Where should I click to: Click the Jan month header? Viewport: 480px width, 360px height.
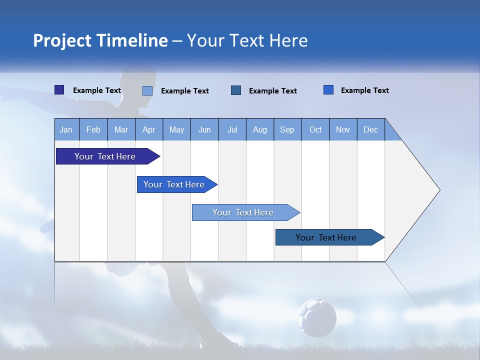66,129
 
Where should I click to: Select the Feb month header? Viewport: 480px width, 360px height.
93,129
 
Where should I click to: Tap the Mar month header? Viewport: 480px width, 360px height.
121,129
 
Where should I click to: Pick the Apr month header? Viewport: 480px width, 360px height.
148,129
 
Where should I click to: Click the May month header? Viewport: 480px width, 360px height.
176,129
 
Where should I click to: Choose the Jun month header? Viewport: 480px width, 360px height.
204,129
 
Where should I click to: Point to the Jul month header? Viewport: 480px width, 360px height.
232,129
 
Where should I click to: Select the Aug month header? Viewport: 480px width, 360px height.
260,129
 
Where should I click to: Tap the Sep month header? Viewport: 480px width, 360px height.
287,129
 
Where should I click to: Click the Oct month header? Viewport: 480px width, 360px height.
315,129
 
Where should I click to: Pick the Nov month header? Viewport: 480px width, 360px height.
343,129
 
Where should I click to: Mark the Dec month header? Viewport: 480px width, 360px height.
371,129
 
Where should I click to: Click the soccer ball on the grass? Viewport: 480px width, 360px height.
317,317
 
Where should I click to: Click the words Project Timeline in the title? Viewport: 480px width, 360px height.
100,40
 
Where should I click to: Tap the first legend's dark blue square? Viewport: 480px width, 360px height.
59,90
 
